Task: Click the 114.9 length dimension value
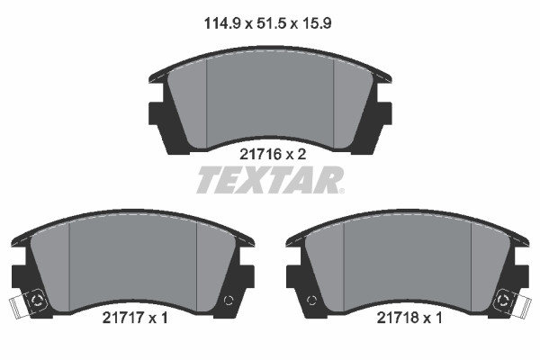pyautogui.click(x=221, y=23)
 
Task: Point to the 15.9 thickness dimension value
pyautogui.click(x=317, y=23)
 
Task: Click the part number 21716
pyautogui.click(x=260, y=154)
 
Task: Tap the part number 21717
pyautogui.click(x=123, y=318)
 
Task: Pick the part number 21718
pyautogui.click(x=398, y=318)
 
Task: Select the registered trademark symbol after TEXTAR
pyautogui.click(x=341, y=191)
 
